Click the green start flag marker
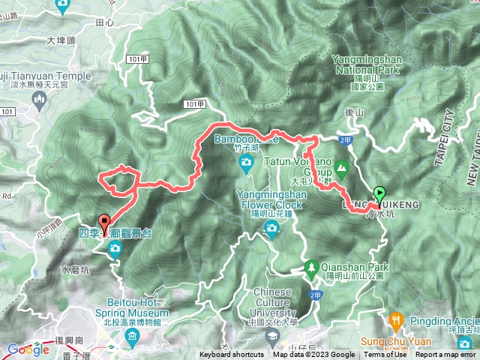pos(379,193)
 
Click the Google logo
pos(28,349)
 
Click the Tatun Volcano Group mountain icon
pos(341,166)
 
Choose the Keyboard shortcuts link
pos(231,355)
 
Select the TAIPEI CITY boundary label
pos(448,142)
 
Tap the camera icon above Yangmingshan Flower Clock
pos(271,226)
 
